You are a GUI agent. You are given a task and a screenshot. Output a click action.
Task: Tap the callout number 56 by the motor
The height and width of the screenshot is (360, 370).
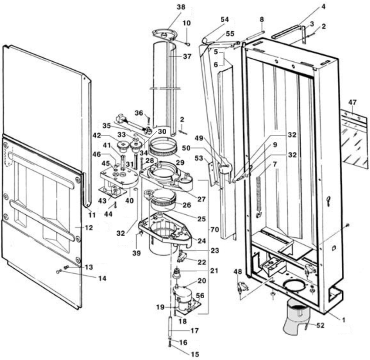click(x=200, y=295)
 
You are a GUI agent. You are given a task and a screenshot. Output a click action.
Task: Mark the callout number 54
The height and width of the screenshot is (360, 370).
click(x=225, y=20)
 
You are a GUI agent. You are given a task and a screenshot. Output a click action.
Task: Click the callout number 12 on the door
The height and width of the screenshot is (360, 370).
click(x=89, y=227)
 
